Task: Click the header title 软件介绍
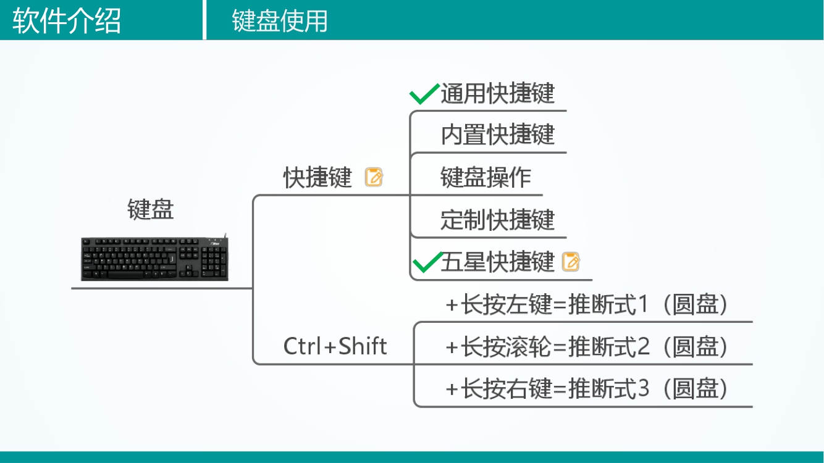(67, 20)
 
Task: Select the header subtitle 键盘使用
(280, 20)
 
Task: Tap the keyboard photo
(154, 259)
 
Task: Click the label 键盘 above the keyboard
(151, 209)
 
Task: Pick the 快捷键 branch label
(317, 178)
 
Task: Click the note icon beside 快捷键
(374, 177)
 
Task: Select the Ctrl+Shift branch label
(335, 346)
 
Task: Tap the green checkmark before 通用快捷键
(424, 94)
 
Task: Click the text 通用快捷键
(497, 93)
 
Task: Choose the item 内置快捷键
(497, 135)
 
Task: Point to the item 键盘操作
(486, 177)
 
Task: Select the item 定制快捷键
(497, 220)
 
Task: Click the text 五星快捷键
(497, 262)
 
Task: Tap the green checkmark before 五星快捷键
(426, 262)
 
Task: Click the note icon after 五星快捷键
(571, 262)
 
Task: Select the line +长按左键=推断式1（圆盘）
(586, 305)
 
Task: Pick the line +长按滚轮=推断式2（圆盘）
(586, 347)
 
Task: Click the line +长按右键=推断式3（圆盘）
(586, 389)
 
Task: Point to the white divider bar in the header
(204, 20)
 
